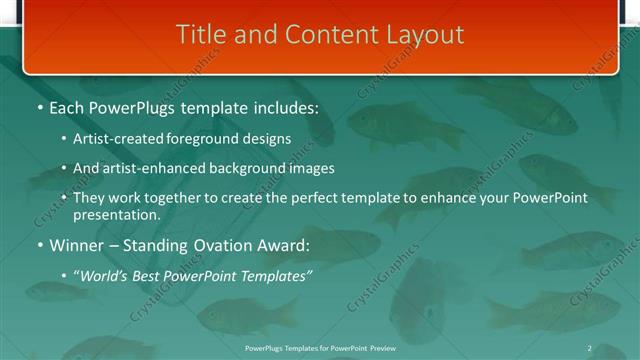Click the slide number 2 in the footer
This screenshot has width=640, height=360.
point(589,347)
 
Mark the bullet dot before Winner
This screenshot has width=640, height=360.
point(40,245)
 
